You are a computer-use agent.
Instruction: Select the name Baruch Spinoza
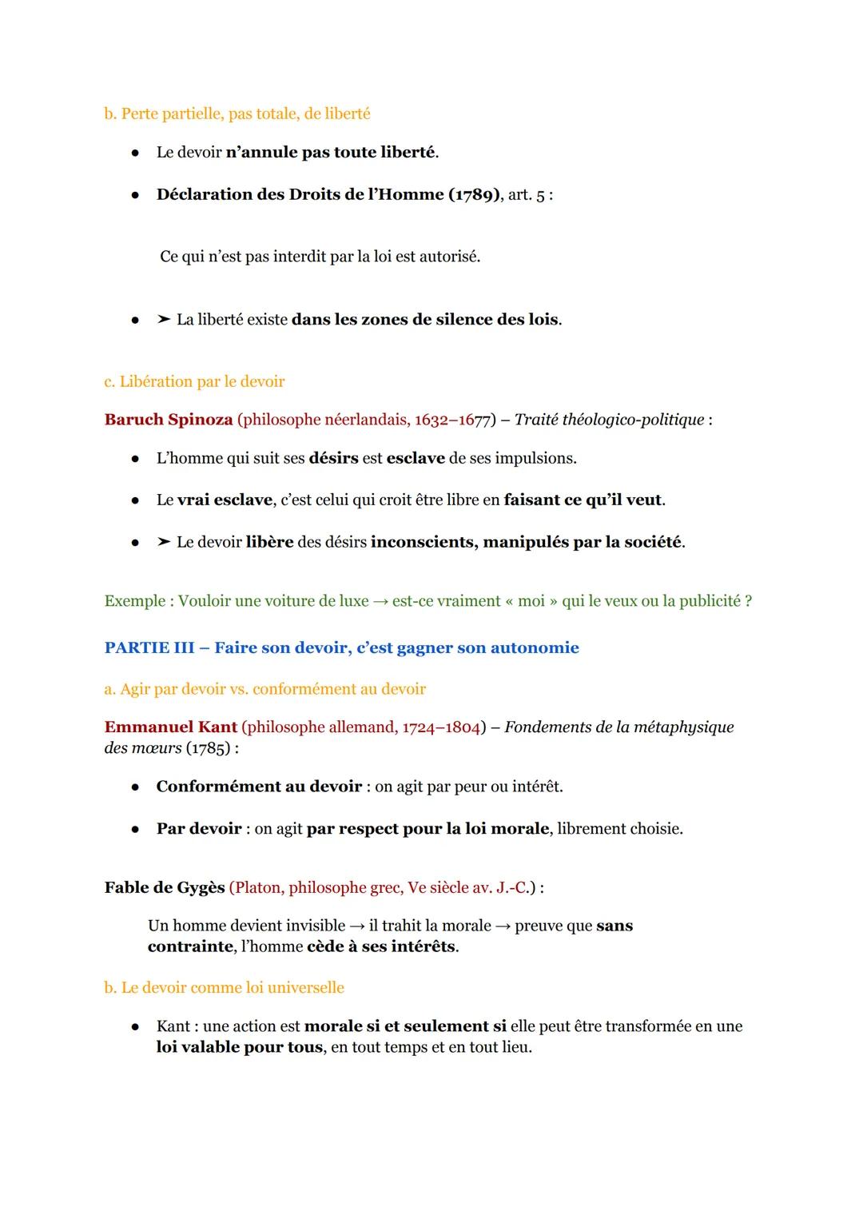(169, 420)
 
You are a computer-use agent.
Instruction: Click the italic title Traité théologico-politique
(609, 420)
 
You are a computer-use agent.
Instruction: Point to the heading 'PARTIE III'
(149, 647)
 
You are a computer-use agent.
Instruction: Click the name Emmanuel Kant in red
(170, 727)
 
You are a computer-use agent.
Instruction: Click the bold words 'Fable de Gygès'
(165, 887)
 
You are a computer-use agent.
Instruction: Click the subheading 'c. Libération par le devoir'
(194, 381)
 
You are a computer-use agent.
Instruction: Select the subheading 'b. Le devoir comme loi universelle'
(224, 987)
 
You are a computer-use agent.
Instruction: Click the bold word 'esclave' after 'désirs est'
(416, 458)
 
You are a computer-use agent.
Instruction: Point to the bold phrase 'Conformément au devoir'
(259, 787)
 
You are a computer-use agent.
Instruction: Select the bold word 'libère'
(269, 542)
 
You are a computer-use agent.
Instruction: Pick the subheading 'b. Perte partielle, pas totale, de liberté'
(237, 114)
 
